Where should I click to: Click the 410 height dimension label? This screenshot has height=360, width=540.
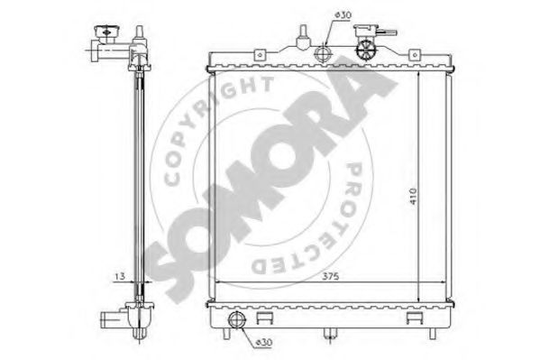tap(413, 197)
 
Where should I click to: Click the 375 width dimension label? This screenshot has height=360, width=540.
tap(330, 276)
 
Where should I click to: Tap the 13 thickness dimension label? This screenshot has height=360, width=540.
tap(120, 276)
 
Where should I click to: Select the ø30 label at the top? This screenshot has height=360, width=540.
tap(343, 15)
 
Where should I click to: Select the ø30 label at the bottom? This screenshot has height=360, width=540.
tap(264, 343)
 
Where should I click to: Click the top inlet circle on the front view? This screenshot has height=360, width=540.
tap(324, 54)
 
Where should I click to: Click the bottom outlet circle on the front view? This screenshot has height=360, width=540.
tap(237, 319)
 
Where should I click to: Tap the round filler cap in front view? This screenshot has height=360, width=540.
tap(365, 51)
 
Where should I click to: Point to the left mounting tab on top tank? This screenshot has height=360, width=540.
tap(260, 55)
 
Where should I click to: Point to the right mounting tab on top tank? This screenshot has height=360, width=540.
tap(415, 55)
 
